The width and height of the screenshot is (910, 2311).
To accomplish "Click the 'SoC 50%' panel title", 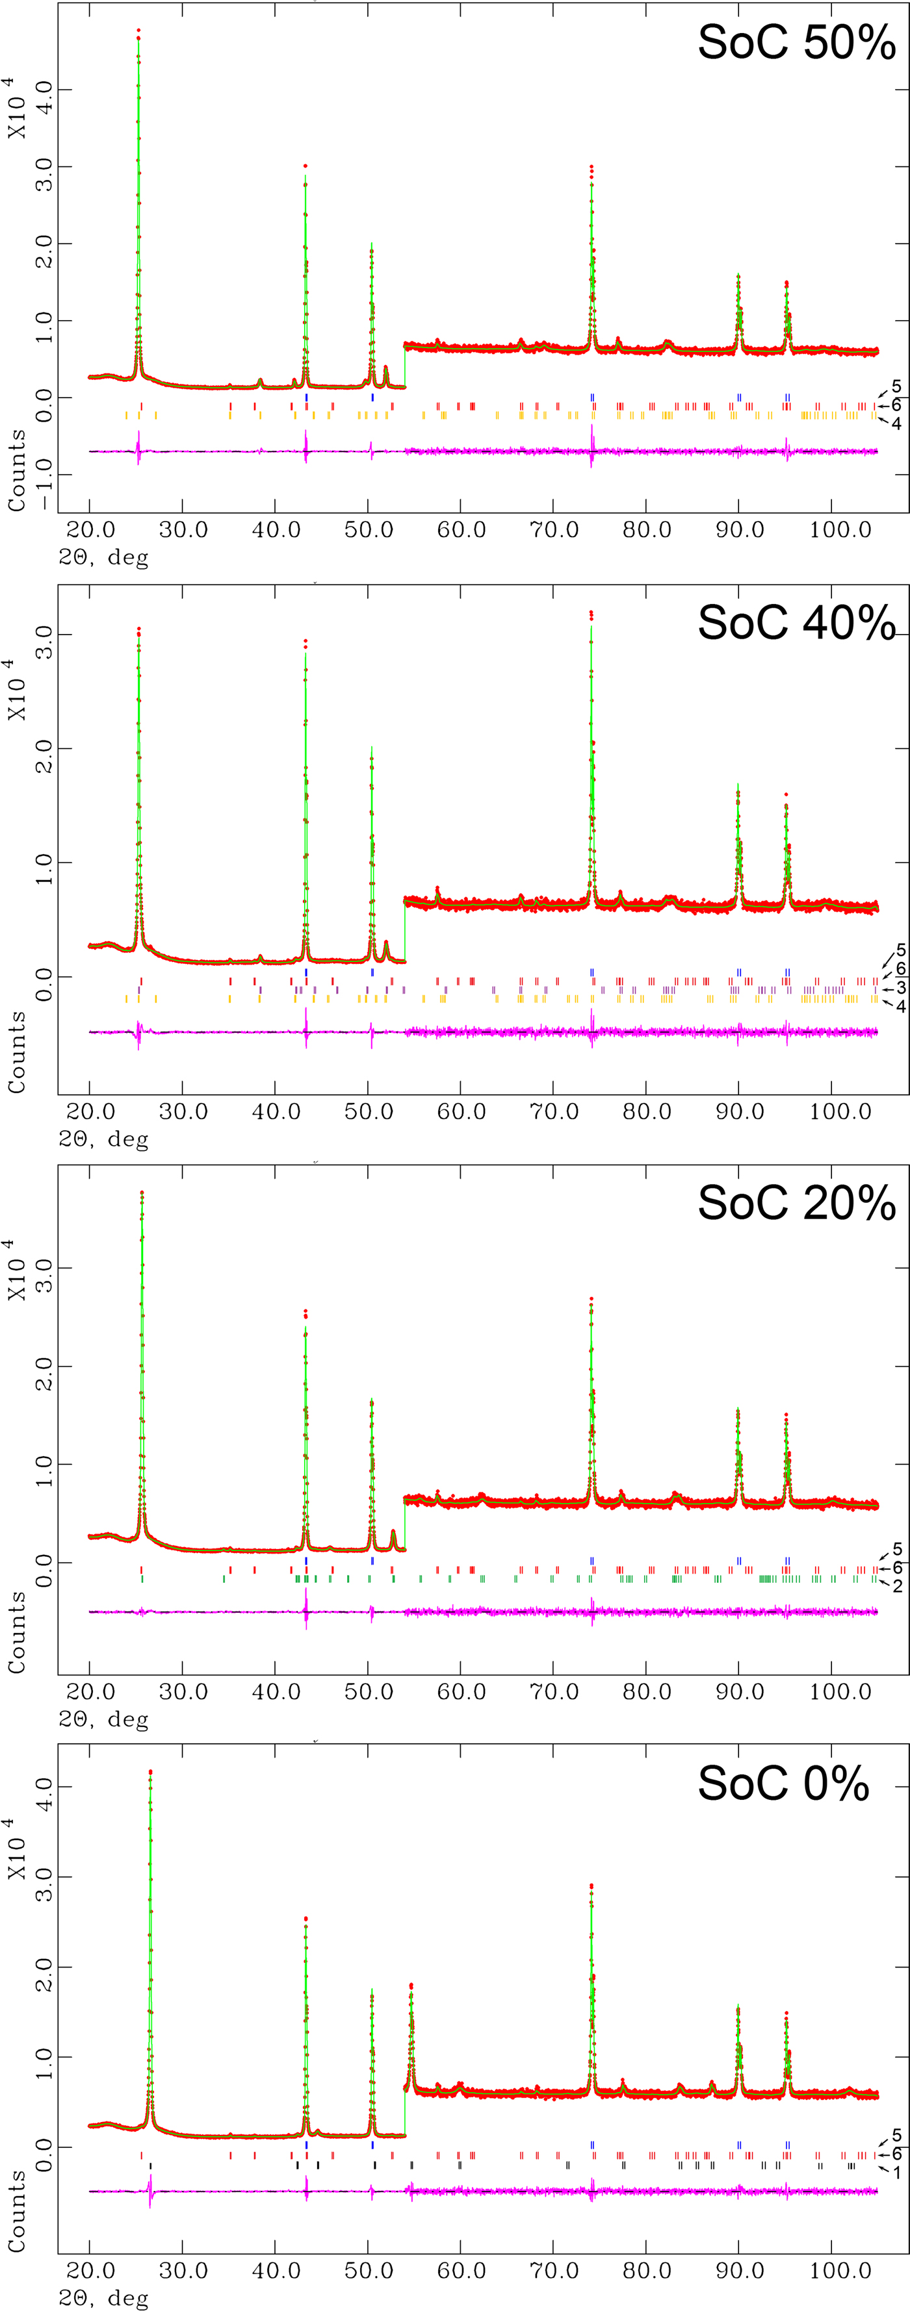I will tap(796, 42).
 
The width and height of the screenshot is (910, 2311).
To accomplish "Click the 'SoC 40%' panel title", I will tap(796, 623).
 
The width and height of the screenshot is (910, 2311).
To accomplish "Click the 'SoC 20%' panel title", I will tap(796, 1203).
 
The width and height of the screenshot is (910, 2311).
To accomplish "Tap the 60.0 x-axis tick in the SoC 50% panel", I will tap(461, 530).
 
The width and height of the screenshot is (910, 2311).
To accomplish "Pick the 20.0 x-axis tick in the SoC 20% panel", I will tap(90, 1691).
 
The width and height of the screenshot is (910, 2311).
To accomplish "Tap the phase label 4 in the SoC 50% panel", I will tap(896, 423).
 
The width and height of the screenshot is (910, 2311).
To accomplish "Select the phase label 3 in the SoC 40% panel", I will tap(900, 988).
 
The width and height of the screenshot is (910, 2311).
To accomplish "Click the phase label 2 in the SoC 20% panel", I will tap(898, 1586).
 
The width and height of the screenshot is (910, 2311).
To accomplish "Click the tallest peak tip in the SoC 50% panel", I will tap(138, 31).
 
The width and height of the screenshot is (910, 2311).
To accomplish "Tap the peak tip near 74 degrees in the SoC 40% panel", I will tap(590, 614).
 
